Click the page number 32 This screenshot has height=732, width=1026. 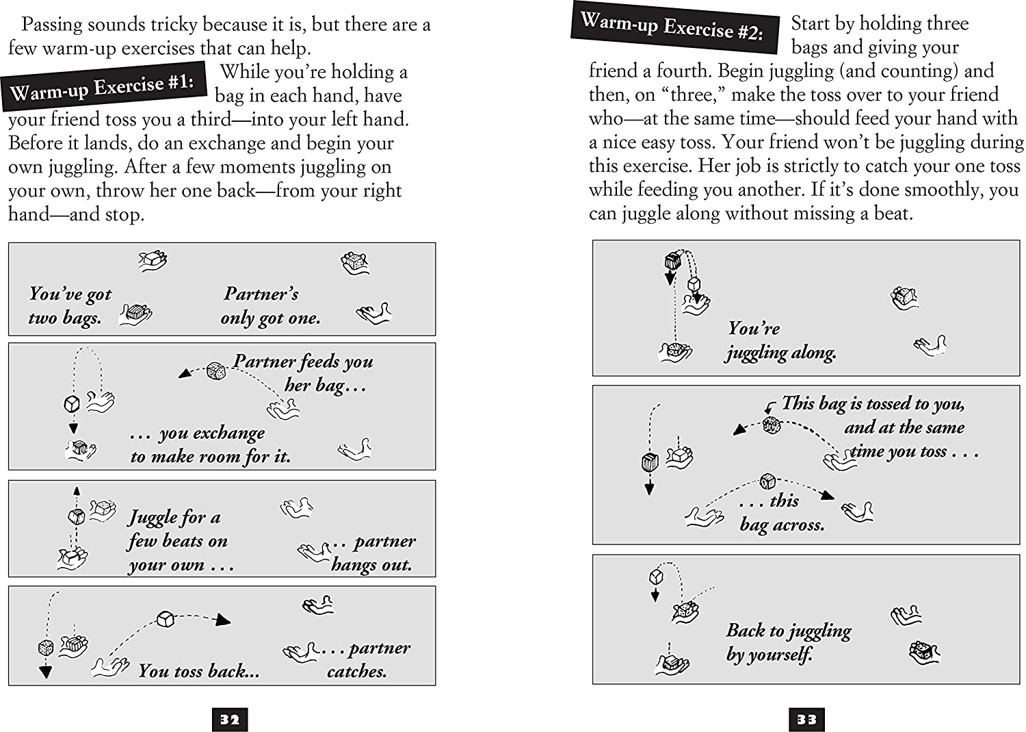(230, 719)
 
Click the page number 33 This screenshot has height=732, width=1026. (806, 719)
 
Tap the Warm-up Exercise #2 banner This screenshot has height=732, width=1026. (674, 28)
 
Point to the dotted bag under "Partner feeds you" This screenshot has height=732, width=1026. (216, 370)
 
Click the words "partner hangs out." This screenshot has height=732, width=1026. (373, 553)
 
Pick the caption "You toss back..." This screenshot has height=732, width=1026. (198, 671)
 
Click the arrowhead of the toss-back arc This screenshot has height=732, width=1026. (222, 621)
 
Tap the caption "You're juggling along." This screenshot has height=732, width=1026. (780, 340)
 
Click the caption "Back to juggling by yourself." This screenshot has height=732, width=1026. (787, 642)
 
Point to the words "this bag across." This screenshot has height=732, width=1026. (781, 513)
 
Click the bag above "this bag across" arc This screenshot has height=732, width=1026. (767, 481)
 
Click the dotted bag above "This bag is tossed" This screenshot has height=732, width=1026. (772, 425)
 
